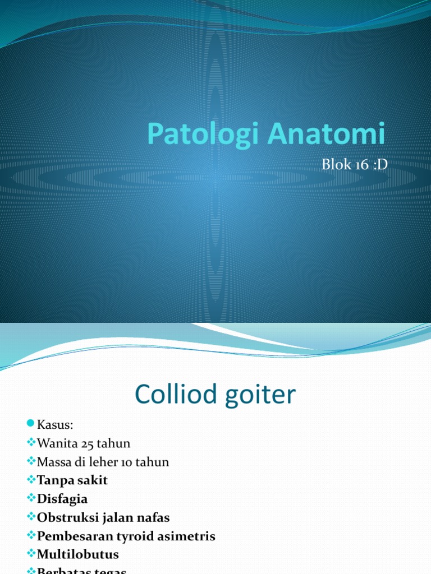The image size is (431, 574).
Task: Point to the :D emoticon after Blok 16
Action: pos(379,164)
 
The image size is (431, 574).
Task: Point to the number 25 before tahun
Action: pos(88,443)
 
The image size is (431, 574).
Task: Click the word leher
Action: pos(106,462)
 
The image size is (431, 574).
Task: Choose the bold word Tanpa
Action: pos(53,480)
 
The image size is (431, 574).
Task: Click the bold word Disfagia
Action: pos(62,499)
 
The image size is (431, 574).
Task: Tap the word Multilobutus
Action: pos(78,554)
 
